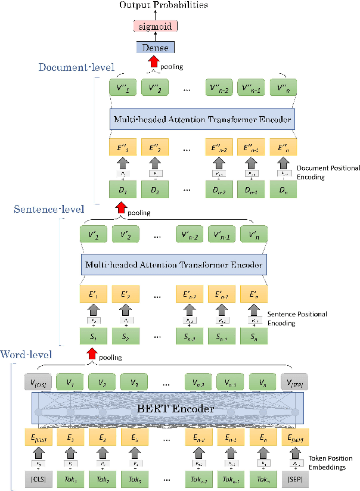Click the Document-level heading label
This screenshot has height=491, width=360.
click(x=76, y=67)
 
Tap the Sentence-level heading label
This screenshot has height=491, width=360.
click(x=50, y=209)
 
